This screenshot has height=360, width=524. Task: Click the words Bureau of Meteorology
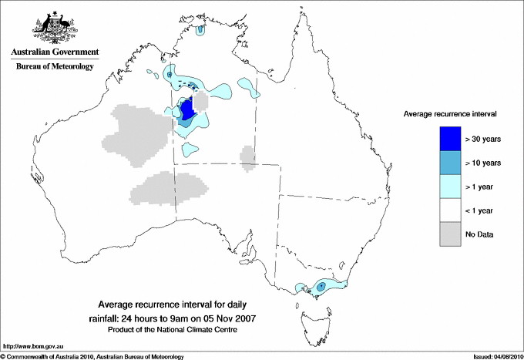click(54, 67)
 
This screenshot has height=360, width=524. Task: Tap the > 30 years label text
click(483, 139)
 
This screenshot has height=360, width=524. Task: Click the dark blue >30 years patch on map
click(186, 108)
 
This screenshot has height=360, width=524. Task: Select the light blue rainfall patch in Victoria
click(324, 287)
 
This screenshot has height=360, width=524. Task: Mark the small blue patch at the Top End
click(200, 31)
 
